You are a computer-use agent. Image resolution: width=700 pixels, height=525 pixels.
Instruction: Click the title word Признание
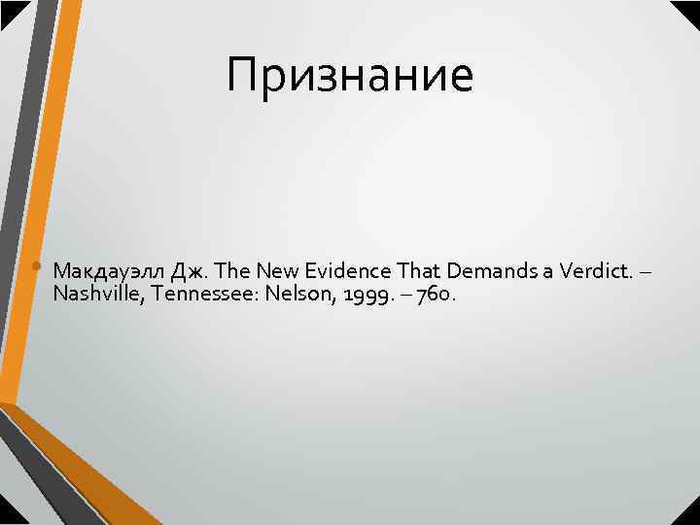pos(350,76)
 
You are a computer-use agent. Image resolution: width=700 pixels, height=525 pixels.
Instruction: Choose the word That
pos(401,270)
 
